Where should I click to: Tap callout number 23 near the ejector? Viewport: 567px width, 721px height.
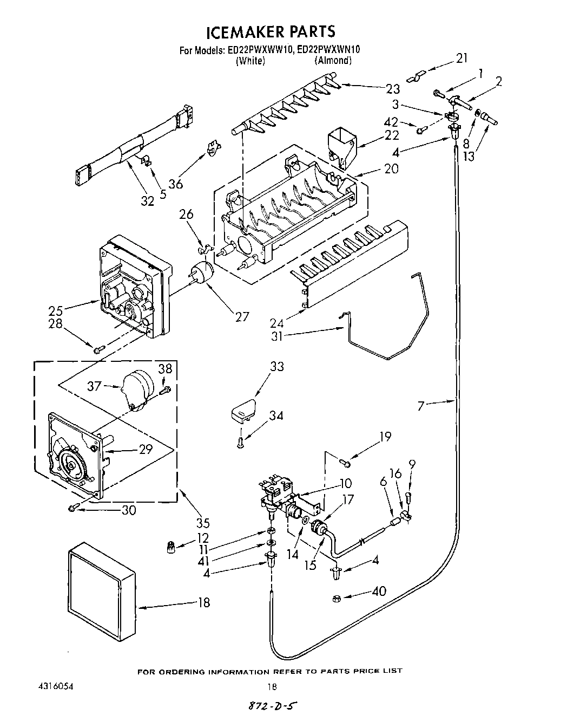click(x=393, y=89)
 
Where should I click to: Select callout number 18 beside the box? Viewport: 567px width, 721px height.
click(x=203, y=602)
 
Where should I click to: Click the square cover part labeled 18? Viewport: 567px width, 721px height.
click(x=103, y=588)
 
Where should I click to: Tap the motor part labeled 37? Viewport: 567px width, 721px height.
click(x=136, y=388)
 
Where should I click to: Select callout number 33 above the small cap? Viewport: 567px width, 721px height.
click(x=276, y=367)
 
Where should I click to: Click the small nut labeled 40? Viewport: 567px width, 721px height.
click(x=336, y=599)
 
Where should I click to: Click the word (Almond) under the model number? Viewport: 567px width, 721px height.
click(x=333, y=61)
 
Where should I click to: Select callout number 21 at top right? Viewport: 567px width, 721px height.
click(x=461, y=58)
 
